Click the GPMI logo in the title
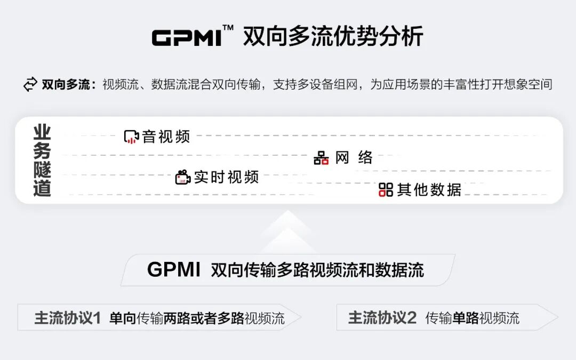pos(187,38)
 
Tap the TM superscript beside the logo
pos(228,28)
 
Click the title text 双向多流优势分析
pos(333,37)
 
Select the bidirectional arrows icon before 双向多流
pos(30,84)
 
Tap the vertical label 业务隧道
pos(42,161)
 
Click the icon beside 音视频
pos(131,137)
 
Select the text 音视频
pos(166,137)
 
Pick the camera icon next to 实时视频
pos(183,177)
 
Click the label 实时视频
pos(226,177)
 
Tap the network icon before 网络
pos(321,158)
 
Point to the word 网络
pos(354,158)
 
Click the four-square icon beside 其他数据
pos(386,189)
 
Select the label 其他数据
pos(429,189)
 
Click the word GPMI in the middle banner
pos(174,270)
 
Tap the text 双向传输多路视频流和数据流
pos(317,270)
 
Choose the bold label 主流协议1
pos(68,318)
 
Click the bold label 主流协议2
pos(382,318)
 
